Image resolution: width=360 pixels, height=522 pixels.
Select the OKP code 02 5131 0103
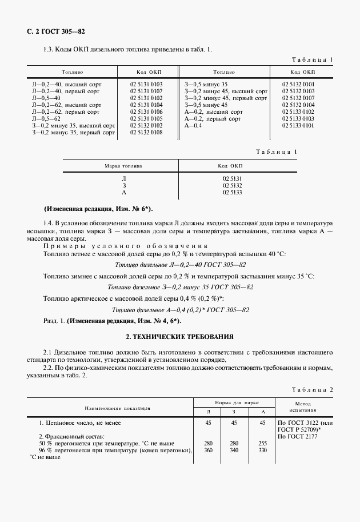pyautogui.click(x=147, y=85)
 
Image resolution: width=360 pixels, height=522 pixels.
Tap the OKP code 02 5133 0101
pyautogui.click(x=298, y=125)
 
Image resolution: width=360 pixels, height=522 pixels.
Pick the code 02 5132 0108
pyautogui.click(x=147, y=133)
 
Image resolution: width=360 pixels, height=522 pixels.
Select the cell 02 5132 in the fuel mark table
pyautogui.click(x=233, y=186)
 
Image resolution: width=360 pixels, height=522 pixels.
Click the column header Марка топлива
pyautogui.click(x=123, y=166)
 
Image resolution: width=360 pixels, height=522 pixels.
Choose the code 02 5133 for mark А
pyautogui.click(x=233, y=193)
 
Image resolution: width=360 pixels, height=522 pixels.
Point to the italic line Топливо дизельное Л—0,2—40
pyautogui.click(x=180, y=265)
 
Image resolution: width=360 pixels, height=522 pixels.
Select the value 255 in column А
pyautogui.click(x=263, y=443)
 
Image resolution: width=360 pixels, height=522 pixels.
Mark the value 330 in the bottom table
pyautogui.click(x=263, y=451)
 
